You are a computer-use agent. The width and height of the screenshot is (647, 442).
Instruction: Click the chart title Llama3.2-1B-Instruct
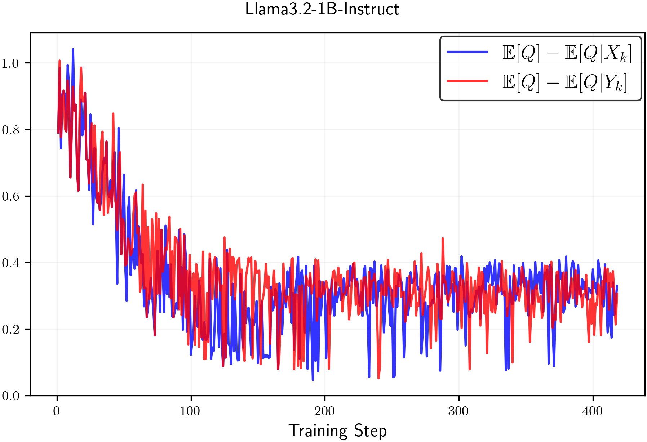click(322, 9)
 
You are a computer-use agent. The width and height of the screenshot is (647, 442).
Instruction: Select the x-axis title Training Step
click(337, 431)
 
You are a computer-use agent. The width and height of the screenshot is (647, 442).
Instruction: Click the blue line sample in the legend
click(467, 52)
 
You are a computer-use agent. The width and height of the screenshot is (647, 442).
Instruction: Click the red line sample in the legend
click(467, 81)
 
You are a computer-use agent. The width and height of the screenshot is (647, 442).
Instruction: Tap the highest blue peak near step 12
click(73, 49)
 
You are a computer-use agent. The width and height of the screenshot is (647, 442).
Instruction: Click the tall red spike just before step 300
click(443, 238)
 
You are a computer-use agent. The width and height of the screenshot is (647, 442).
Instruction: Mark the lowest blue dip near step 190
click(313, 380)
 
